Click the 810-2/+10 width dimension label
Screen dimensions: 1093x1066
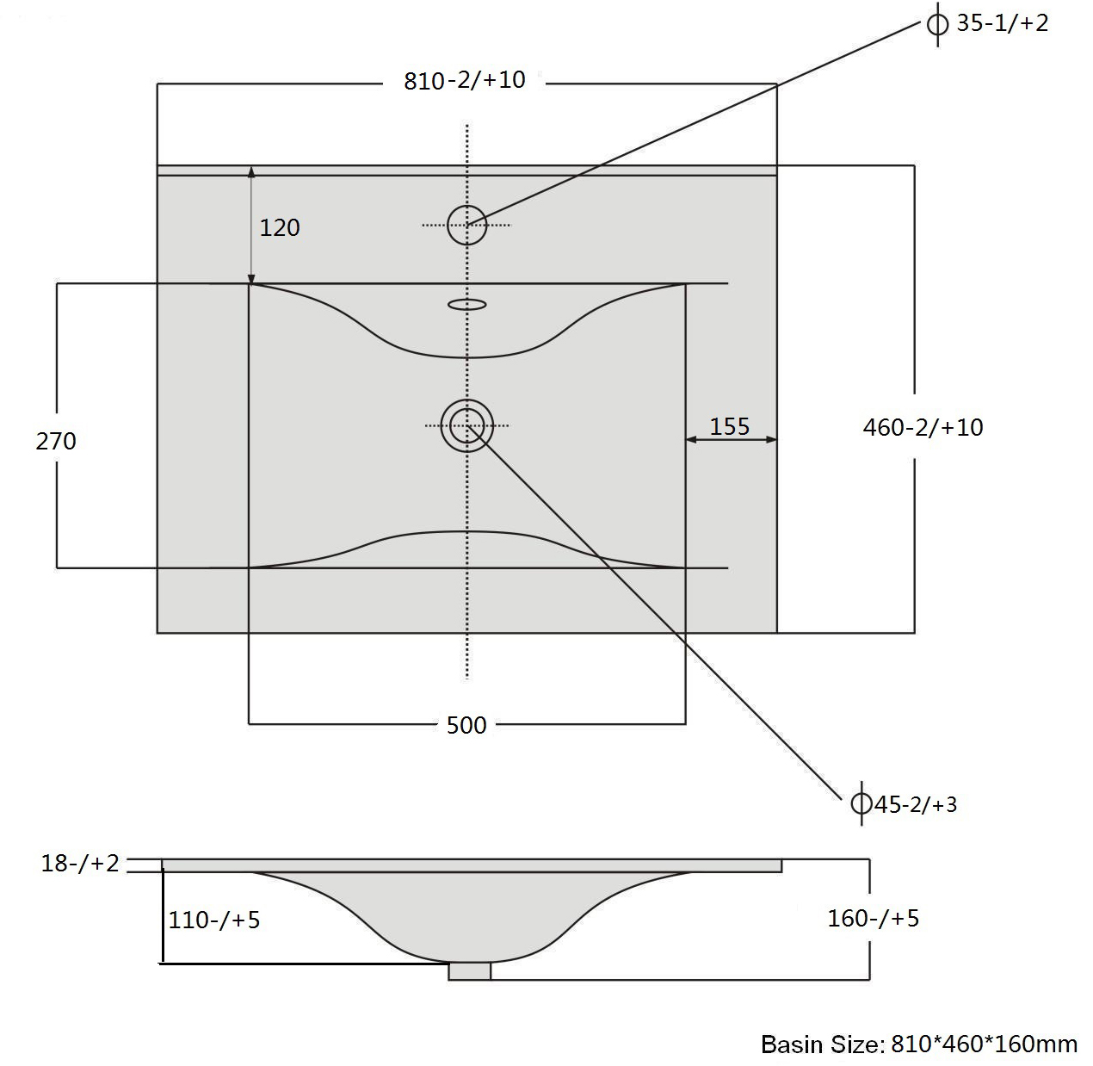465,80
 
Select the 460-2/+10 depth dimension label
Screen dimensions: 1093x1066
923,427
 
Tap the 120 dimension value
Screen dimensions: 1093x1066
280,227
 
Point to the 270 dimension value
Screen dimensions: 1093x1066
56,441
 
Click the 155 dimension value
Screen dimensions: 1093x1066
730,426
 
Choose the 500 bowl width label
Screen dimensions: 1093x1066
466,726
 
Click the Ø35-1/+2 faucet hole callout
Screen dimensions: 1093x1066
988,23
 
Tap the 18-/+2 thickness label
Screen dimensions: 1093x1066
80,864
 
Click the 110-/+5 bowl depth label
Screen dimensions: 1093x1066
214,920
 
